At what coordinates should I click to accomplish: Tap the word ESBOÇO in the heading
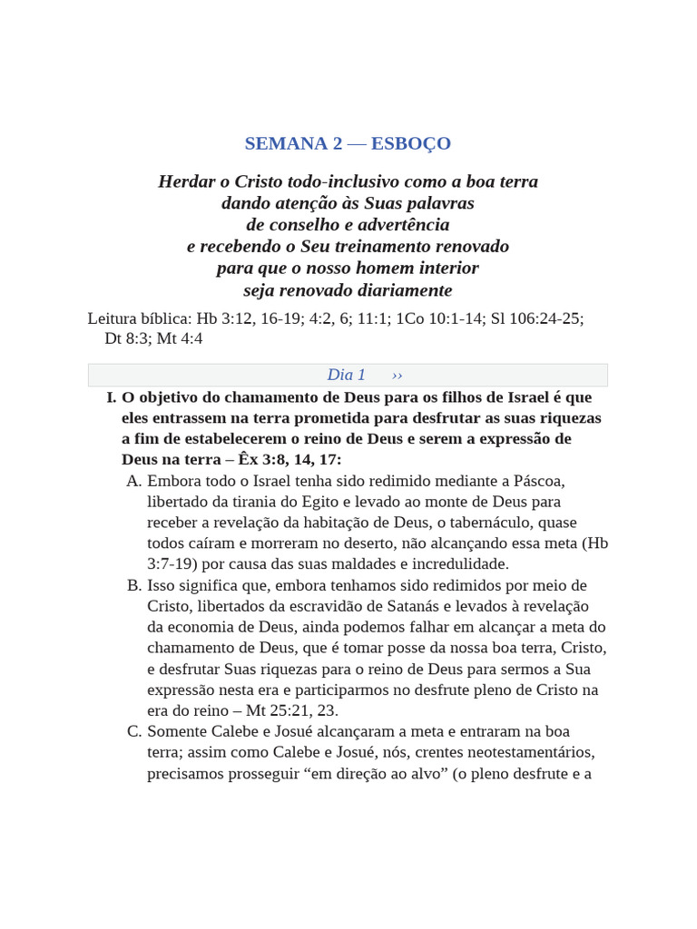411,143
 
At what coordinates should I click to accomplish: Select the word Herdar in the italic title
186,181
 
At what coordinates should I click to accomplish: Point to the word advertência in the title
402,224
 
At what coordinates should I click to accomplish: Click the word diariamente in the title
403,290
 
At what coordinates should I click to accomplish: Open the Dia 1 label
346,375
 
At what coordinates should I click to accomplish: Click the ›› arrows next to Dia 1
398,375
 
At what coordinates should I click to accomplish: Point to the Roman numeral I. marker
112,397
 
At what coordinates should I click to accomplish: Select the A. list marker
134,481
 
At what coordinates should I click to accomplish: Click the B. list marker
134,585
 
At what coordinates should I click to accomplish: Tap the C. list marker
134,731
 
